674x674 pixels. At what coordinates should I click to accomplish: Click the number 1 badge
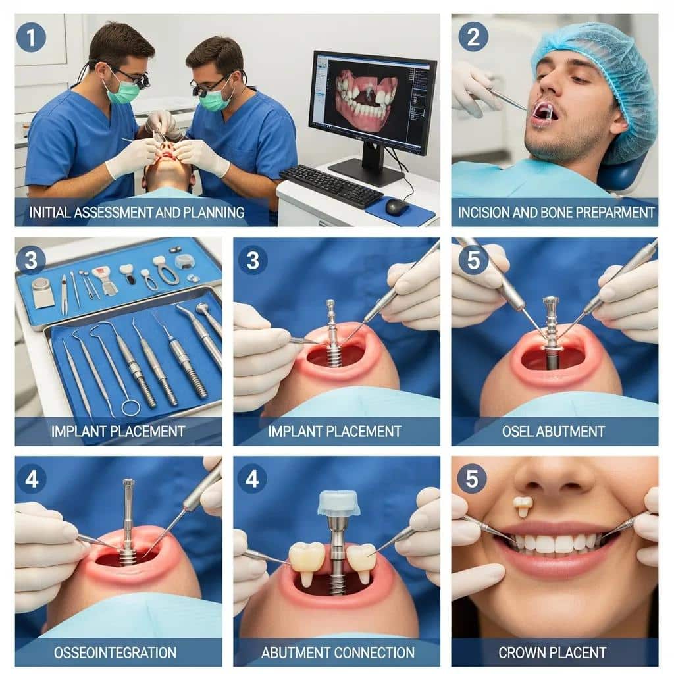point(31,37)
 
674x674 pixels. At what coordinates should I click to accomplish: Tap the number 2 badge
point(473,37)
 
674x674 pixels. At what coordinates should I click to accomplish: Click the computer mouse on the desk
point(396,207)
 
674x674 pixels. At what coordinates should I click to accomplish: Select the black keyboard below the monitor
point(330,186)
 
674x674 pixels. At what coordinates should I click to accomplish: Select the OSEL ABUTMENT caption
point(554,432)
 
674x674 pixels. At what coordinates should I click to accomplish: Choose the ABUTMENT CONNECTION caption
point(338,652)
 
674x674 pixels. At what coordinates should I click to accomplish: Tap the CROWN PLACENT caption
point(552,652)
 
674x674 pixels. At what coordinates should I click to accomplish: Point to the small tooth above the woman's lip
point(523,505)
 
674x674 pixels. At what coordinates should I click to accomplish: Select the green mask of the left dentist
point(124,91)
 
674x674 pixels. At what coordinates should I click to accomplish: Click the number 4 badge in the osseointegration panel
point(31,478)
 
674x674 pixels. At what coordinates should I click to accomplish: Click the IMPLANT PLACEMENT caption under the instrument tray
point(118,432)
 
